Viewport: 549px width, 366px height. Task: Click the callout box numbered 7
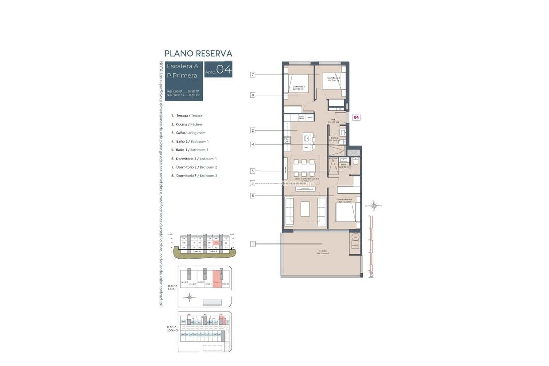[252, 75]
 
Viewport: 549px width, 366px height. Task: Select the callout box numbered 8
[252, 95]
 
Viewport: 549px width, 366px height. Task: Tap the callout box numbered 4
[252, 144]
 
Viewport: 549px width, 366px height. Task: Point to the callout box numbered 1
[252, 244]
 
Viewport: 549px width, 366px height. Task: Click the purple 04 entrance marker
[356, 117]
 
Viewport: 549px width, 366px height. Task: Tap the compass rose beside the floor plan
[374, 206]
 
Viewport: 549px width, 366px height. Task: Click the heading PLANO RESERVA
[198, 53]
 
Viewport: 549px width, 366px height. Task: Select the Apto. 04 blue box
[219, 70]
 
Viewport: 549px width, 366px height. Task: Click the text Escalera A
[182, 66]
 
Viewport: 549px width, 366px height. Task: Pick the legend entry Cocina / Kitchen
[187, 124]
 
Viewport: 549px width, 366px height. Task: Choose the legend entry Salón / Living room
[188, 133]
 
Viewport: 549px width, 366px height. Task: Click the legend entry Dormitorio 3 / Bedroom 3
[194, 175]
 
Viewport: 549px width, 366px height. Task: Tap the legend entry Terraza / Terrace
[187, 115]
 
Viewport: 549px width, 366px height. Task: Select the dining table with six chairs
[303, 168]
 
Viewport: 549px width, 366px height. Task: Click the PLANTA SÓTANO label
[173, 328]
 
